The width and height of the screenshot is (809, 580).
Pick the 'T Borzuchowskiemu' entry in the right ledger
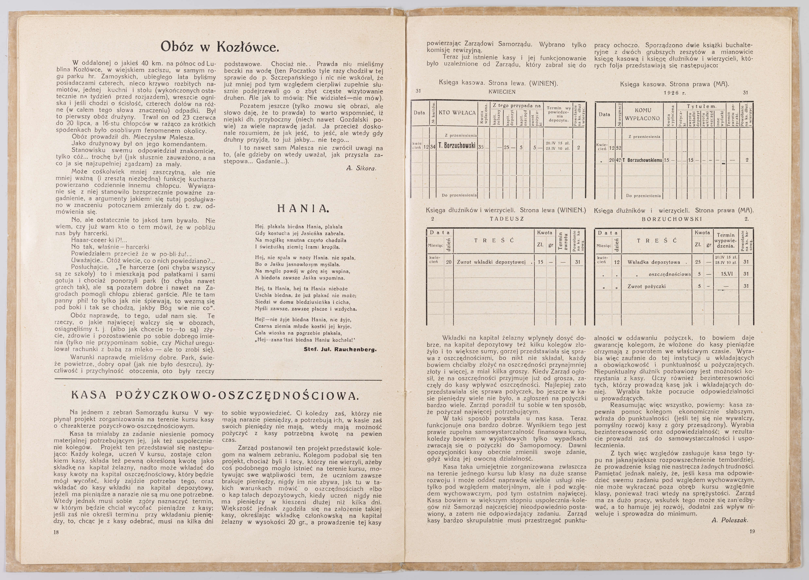[642, 160]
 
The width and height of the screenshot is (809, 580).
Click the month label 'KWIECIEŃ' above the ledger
[502, 92]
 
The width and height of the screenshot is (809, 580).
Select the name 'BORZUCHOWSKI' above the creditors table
[672, 219]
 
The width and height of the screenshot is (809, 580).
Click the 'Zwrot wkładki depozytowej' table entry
[491, 262]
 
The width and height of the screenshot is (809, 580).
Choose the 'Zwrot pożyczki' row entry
[646, 286]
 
